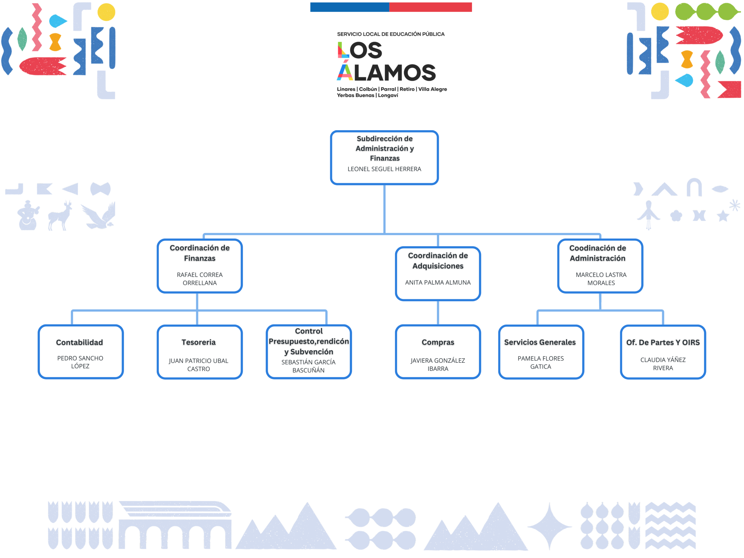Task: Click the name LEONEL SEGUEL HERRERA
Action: [384, 169]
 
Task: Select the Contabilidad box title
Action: [79, 342]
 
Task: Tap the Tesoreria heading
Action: [198, 342]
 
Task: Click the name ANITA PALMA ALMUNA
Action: [438, 282]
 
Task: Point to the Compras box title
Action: [438, 342]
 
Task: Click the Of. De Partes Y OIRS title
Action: [663, 342]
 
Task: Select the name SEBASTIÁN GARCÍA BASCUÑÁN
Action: [308, 366]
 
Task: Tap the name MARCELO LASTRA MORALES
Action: [601, 278]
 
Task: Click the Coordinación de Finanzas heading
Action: [199, 253]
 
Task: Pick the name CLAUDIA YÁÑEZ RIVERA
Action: [663, 364]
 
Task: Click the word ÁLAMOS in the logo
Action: [387, 72]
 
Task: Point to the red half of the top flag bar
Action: [430, 7]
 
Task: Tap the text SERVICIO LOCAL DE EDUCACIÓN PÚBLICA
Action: [391, 34]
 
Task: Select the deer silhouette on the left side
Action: [60, 216]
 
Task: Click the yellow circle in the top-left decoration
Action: [106, 12]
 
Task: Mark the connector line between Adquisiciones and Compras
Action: [438, 312]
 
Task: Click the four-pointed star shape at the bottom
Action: [549, 526]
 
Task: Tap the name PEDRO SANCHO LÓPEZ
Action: [80, 362]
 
